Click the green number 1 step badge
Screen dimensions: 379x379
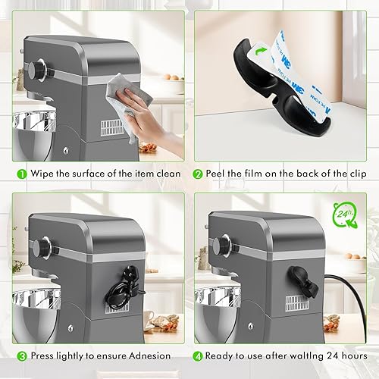click(22, 174)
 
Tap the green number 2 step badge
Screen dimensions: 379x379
click(198, 174)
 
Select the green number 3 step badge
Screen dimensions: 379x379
click(22, 356)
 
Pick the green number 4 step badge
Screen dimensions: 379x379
click(198, 356)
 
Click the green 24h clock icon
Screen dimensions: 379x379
click(345, 215)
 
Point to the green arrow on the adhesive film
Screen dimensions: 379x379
click(261, 51)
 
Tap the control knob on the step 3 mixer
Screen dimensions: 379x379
click(43, 246)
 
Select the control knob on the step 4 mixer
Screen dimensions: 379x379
click(224, 244)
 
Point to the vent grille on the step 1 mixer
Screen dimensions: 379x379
click(112, 128)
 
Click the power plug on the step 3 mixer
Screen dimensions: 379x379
click(131, 273)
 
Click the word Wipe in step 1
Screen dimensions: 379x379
click(42, 174)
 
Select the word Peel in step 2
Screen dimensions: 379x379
click(215, 174)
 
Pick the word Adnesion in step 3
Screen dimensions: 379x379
click(149, 356)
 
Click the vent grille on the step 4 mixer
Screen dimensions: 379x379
click(297, 303)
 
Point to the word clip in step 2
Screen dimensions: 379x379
click(358, 174)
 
